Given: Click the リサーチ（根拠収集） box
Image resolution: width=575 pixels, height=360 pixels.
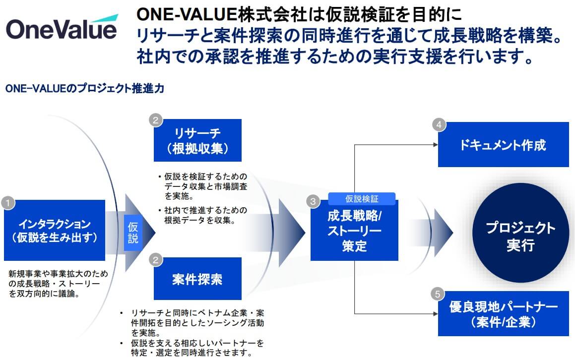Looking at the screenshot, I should (197, 140).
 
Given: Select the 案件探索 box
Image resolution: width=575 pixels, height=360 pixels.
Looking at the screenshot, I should (197, 279).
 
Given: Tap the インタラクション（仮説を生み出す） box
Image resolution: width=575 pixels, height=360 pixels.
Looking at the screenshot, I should (55, 230).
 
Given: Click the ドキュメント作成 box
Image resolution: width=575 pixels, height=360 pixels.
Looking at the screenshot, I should (503, 145).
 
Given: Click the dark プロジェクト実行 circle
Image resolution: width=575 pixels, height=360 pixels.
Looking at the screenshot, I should (520, 237).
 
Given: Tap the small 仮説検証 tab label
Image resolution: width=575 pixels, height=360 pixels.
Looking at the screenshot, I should (362, 199).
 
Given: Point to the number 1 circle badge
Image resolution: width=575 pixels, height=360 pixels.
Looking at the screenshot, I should (8, 202).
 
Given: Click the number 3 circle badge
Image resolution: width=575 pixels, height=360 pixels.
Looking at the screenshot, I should (313, 201).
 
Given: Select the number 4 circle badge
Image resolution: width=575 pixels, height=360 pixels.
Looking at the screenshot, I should (438, 124).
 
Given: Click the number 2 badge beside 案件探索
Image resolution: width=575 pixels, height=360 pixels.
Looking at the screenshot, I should (156, 259).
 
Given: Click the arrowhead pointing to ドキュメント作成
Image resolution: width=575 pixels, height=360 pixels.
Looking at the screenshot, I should (435, 145).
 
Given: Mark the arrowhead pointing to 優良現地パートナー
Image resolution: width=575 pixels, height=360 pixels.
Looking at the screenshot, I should (435, 313).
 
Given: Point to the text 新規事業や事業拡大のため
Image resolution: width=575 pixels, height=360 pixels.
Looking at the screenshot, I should (58, 273).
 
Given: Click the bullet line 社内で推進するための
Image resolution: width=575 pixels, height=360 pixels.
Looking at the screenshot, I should (205, 210).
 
